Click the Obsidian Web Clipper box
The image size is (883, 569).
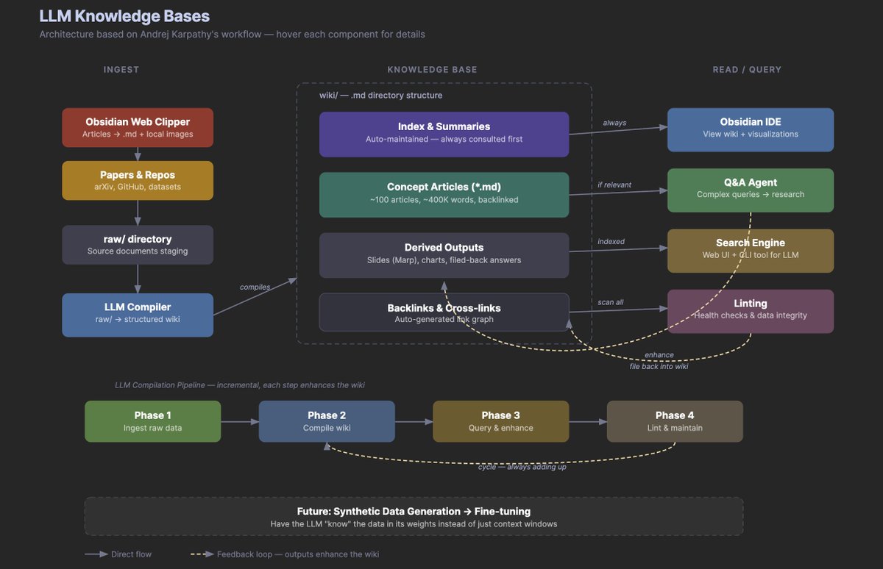tap(138, 128)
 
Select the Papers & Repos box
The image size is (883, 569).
tap(138, 181)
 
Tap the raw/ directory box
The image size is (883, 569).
tap(138, 245)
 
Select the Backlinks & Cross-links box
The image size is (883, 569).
tap(444, 312)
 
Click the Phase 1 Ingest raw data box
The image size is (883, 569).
tap(152, 421)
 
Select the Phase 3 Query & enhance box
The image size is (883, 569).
tap(500, 421)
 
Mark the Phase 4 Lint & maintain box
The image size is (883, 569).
tap(674, 421)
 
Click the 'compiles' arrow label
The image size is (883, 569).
tap(255, 287)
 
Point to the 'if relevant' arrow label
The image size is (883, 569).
tap(614, 185)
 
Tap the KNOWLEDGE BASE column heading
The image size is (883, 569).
tap(432, 70)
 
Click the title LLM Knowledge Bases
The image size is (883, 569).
tap(124, 16)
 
